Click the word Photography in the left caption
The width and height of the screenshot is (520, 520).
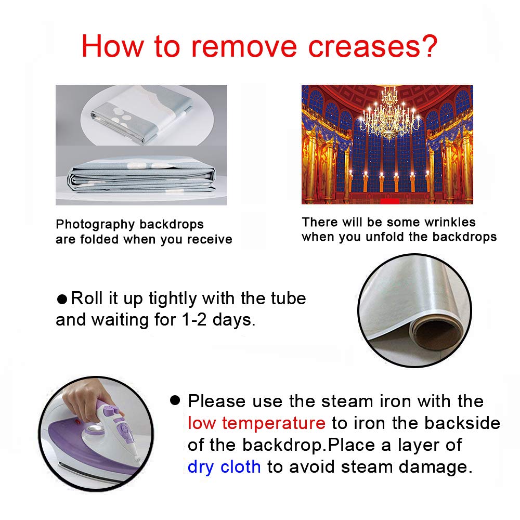96,225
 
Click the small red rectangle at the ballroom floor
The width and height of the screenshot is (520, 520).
389,201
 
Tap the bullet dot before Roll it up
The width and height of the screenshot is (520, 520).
62,299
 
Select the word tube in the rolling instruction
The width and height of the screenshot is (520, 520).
288,298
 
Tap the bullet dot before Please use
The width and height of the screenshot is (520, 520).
175,400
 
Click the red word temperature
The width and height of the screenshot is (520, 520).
274,423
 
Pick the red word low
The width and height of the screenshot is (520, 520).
202,423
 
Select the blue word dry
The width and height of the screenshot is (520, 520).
201,467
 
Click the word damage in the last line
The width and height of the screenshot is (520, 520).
435,467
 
